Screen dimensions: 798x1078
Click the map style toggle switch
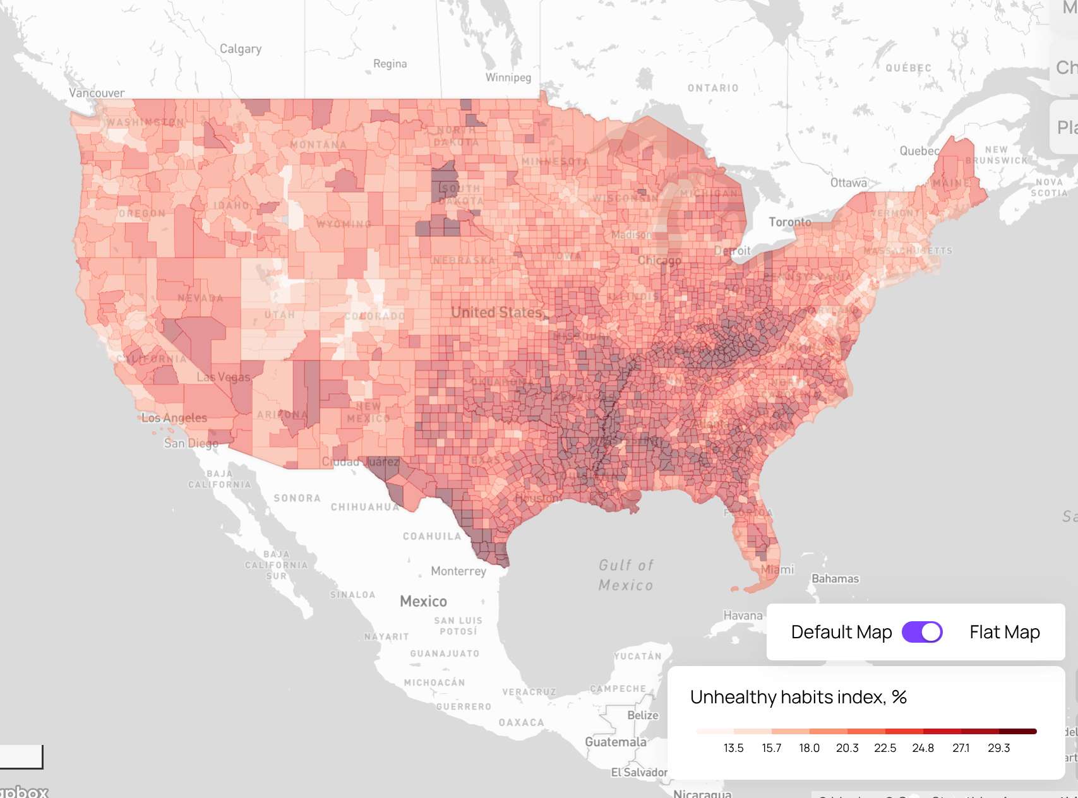tap(922, 632)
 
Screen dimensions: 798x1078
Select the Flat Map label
tap(1004, 632)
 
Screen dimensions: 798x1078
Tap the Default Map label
tap(841, 632)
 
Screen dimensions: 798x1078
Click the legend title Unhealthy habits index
tap(798, 697)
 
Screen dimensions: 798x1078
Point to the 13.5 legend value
tap(733, 748)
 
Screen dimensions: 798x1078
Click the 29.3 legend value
tap(998, 748)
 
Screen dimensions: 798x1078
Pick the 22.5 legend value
tap(885, 748)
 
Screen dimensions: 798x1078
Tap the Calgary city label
tap(240, 49)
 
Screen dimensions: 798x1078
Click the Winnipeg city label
tap(508, 78)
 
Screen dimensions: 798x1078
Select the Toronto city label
tap(789, 222)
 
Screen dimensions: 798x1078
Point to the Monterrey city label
tap(458, 571)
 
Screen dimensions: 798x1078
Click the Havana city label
tap(743, 616)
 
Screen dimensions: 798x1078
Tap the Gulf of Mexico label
tap(626, 575)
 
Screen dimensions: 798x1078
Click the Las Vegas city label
tap(224, 378)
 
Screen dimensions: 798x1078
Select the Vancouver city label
tap(97, 93)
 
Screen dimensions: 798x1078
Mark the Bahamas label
tap(835, 579)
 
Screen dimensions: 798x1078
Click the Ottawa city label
tap(848, 183)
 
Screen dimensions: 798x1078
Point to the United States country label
tap(496, 313)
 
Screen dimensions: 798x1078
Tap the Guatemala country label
tap(616, 742)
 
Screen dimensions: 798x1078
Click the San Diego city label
tap(191, 443)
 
